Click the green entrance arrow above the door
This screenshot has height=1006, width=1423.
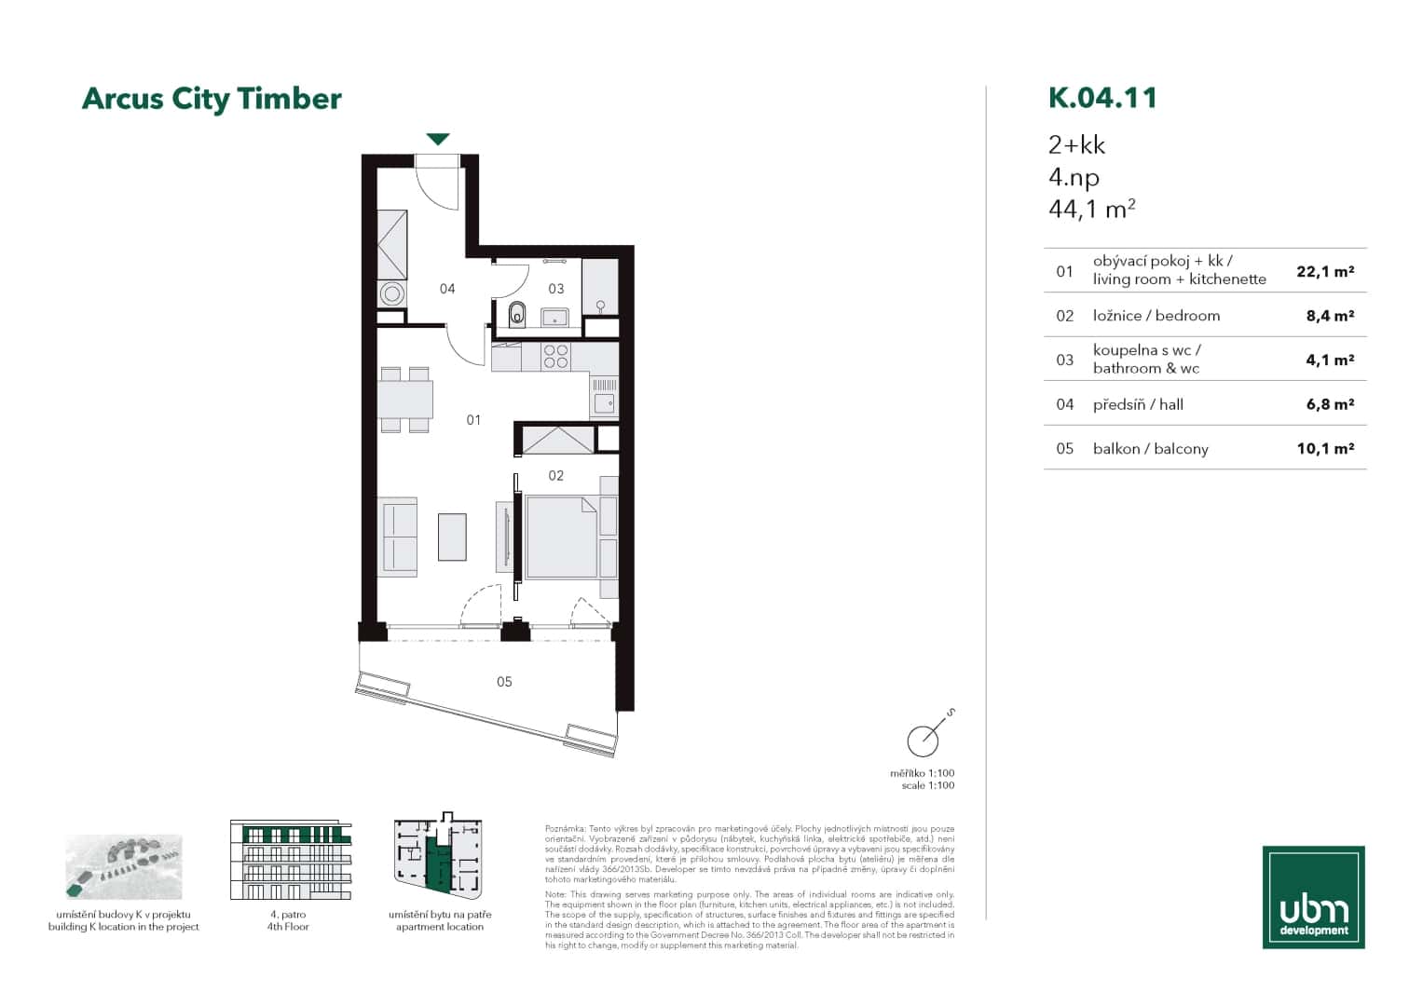[438, 140]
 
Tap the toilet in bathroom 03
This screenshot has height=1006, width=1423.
[518, 316]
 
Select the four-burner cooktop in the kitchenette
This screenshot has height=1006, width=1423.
[556, 357]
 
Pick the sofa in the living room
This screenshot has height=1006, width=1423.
[400, 537]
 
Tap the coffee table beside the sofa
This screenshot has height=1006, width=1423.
[452, 537]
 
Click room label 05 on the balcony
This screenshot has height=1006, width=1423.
[504, 682]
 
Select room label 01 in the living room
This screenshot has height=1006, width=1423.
[473, 420]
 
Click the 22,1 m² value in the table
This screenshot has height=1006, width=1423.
[1324, 271]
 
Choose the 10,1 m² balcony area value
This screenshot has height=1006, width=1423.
[1324, 448]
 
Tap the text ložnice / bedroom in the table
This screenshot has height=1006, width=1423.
[1156, 316]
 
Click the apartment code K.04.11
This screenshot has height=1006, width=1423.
[1102, 98]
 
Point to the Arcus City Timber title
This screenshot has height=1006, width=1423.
[212, 99]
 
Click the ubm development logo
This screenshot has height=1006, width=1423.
[1313, 897]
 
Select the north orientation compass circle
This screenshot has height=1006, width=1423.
[923, 741]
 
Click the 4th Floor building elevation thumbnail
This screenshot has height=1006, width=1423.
[290, 860]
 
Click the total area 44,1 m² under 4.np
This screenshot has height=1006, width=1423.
[1091, 209]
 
